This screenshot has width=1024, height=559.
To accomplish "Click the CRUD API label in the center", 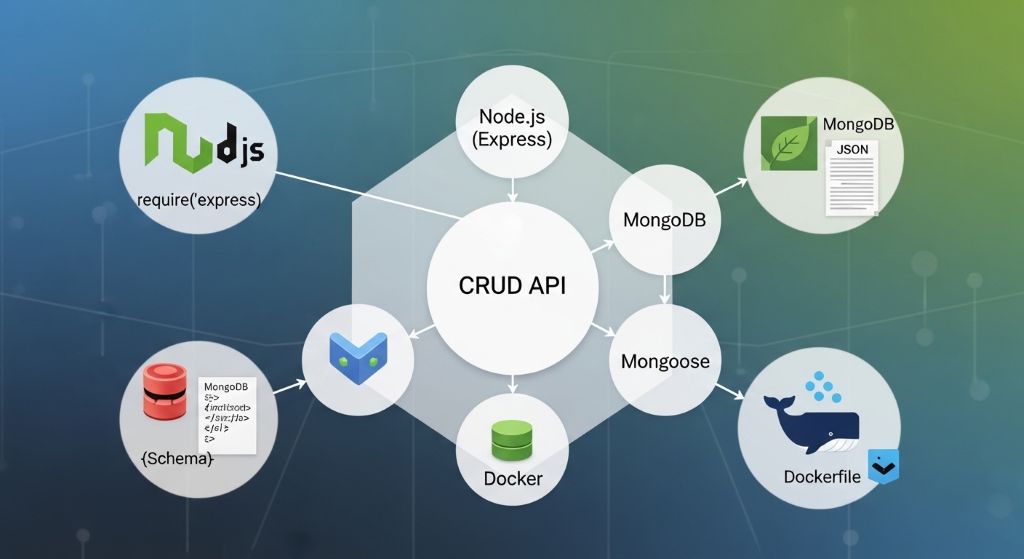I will coord(512,285).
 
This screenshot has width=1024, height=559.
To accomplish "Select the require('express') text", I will coord(198,200).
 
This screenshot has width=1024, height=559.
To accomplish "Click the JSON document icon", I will coord(851,178).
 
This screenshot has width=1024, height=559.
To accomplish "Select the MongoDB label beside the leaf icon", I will coord(858,125).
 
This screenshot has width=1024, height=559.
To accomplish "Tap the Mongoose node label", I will coord(665,361).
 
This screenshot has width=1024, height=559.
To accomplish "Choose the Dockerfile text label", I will coord(820,476).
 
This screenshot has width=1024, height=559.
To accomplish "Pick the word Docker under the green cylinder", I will coord(513,478).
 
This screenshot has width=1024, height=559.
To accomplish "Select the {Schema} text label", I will coord(178,460).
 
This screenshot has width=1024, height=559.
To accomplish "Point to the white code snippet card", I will coord(227,411).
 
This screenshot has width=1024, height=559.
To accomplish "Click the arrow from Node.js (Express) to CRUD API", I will coord(512,189).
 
